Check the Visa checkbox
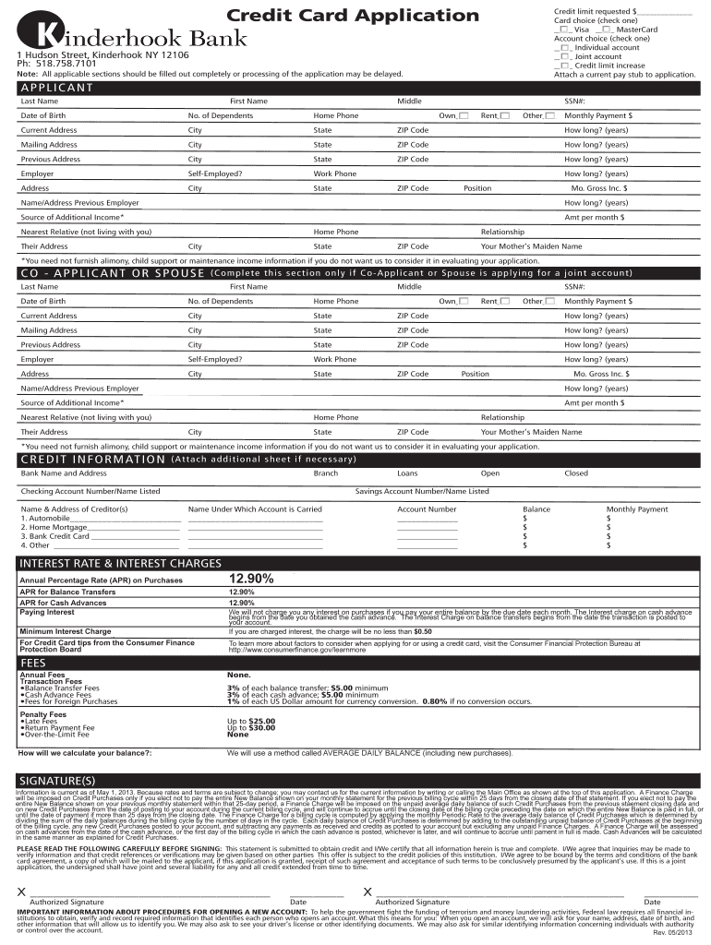point(564,30)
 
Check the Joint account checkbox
point(564,56)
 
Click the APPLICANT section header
point(56,88)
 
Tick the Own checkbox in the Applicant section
point(463,115)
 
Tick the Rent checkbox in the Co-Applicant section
point(504,302)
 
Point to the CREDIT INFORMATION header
point(92,459)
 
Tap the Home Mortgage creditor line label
point(54,527)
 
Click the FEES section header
point(33,663)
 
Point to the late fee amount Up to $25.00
point(251,721)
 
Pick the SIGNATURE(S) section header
point(56,781)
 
